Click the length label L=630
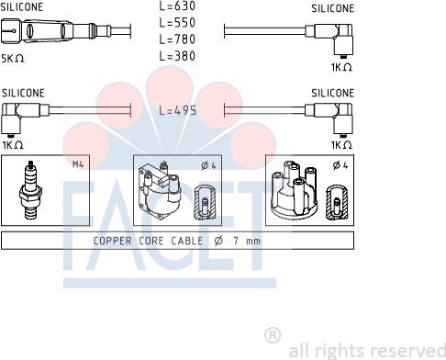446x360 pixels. click(177, 6)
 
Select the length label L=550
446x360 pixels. click(177, 23)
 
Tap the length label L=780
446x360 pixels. click(177, 39)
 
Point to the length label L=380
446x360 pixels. click(177, 56)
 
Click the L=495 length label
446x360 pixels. click(178, 110)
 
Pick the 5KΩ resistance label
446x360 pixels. click(12, 59)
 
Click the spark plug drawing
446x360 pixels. click(30, 190)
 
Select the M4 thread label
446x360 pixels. click(78, 164)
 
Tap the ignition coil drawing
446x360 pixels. click(160, 189)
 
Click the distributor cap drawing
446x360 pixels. click(295, 189)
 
